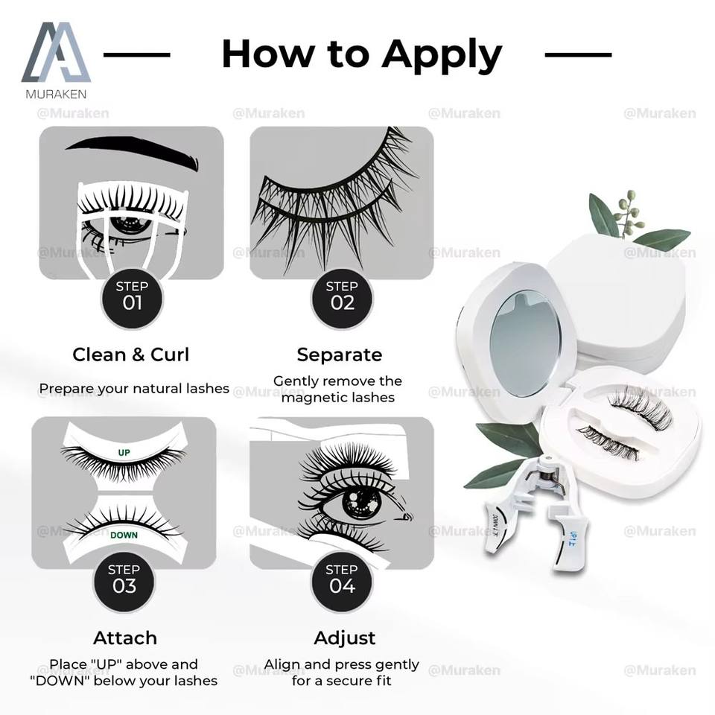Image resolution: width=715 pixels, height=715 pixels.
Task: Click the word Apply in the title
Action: click(442, 54)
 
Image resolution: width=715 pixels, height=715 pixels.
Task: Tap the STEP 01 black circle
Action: click(132, 296)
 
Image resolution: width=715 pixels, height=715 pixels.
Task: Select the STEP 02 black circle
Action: click(342, 296)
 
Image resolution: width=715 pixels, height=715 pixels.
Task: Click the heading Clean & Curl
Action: click(131, 355)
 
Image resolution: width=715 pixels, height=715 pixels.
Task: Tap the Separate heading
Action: click(339, 355)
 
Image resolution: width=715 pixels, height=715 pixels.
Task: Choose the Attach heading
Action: click(125, 638)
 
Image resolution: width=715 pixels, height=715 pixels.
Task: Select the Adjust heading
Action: click(345, 638)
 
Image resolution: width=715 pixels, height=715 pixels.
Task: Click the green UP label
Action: click(124, 452)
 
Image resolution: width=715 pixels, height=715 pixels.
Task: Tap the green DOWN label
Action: click(124, 535)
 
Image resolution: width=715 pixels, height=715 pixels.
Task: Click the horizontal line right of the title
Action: click(578, 54)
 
